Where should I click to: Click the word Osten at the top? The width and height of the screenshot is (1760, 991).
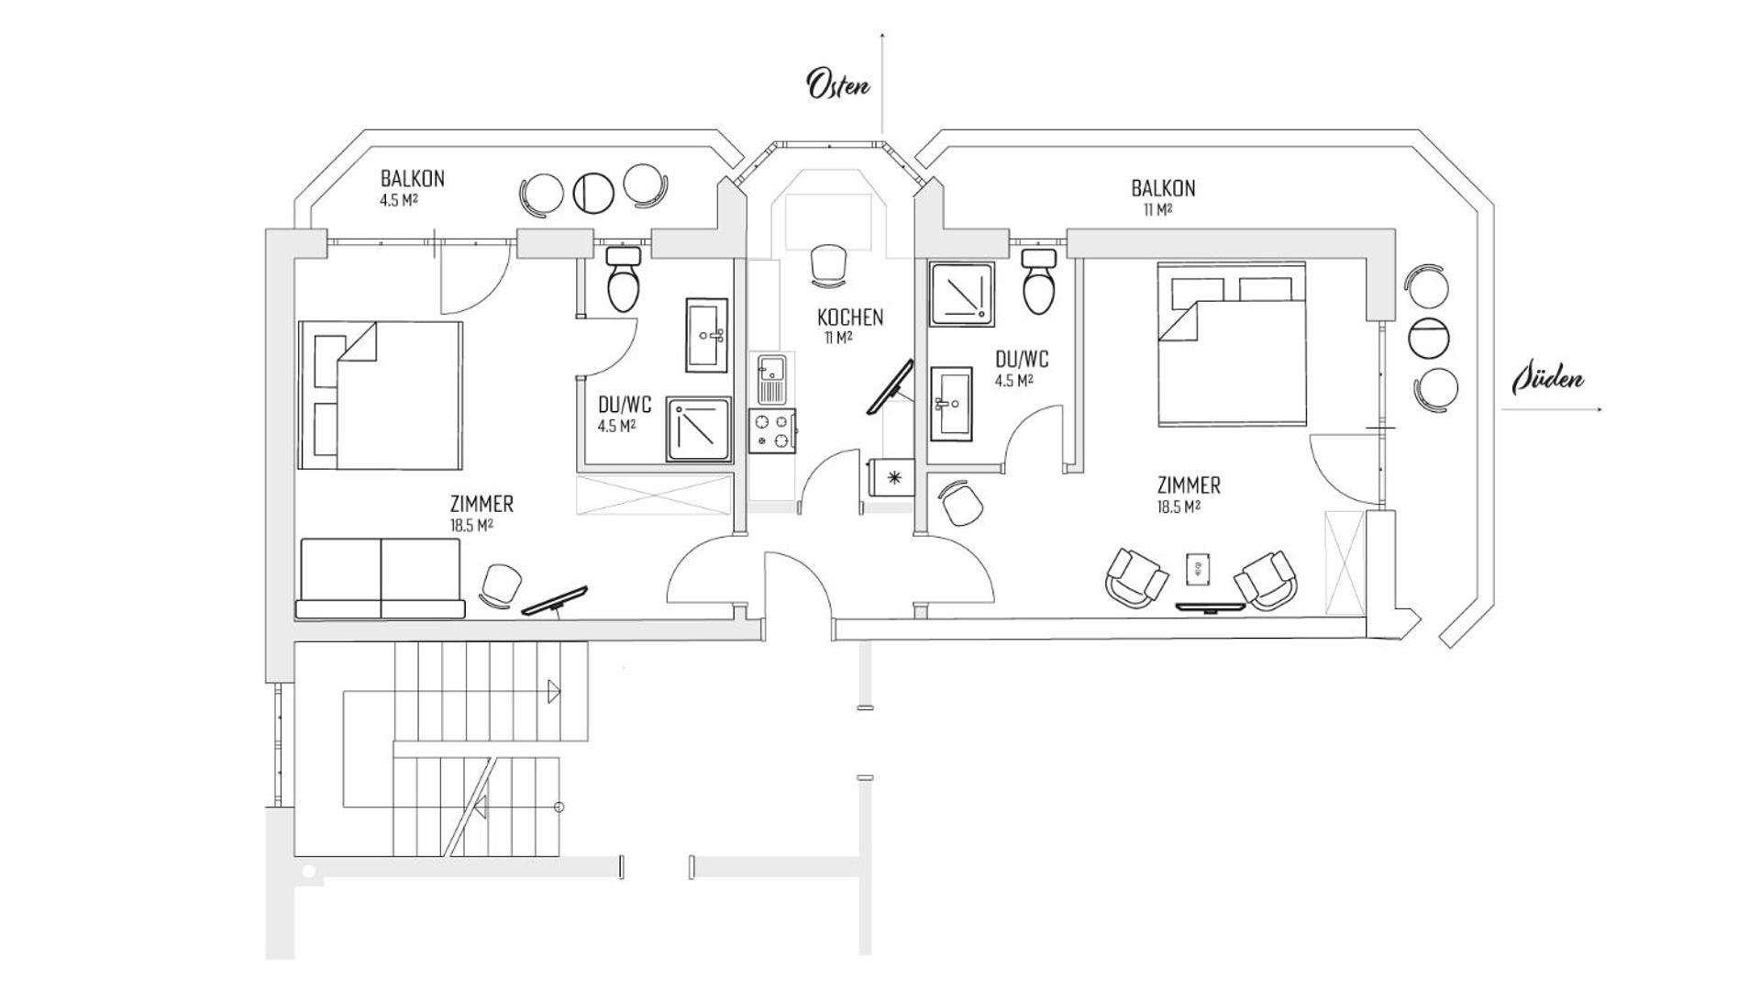(837, 84)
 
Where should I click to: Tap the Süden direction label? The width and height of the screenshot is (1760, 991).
(1548, 378)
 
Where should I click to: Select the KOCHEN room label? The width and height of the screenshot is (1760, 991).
(850, 317)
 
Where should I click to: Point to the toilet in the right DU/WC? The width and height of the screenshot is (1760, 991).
(1039, 281)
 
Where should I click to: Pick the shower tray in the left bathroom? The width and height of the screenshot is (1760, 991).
(699, 429)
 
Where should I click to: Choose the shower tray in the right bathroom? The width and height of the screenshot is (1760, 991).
(961, 294)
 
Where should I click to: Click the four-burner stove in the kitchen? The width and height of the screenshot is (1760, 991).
(771, 431)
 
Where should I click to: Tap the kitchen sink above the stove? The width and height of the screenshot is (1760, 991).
(771, 379)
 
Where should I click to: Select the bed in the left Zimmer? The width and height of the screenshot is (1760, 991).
(380, 395)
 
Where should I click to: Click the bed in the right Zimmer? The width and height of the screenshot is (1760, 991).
(1231, 344)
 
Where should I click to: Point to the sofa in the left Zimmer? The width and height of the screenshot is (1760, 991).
(380, 578)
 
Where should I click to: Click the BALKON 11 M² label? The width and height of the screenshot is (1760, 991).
(1162, 196)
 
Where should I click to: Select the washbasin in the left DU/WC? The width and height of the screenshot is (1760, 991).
(707, 334)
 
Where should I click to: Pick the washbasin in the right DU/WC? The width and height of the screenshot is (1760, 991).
(950, 403)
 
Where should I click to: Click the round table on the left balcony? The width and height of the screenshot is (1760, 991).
(593, 193)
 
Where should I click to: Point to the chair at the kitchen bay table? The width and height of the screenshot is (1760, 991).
(828, 262)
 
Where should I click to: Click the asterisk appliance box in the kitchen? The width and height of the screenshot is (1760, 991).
(891, 476)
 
